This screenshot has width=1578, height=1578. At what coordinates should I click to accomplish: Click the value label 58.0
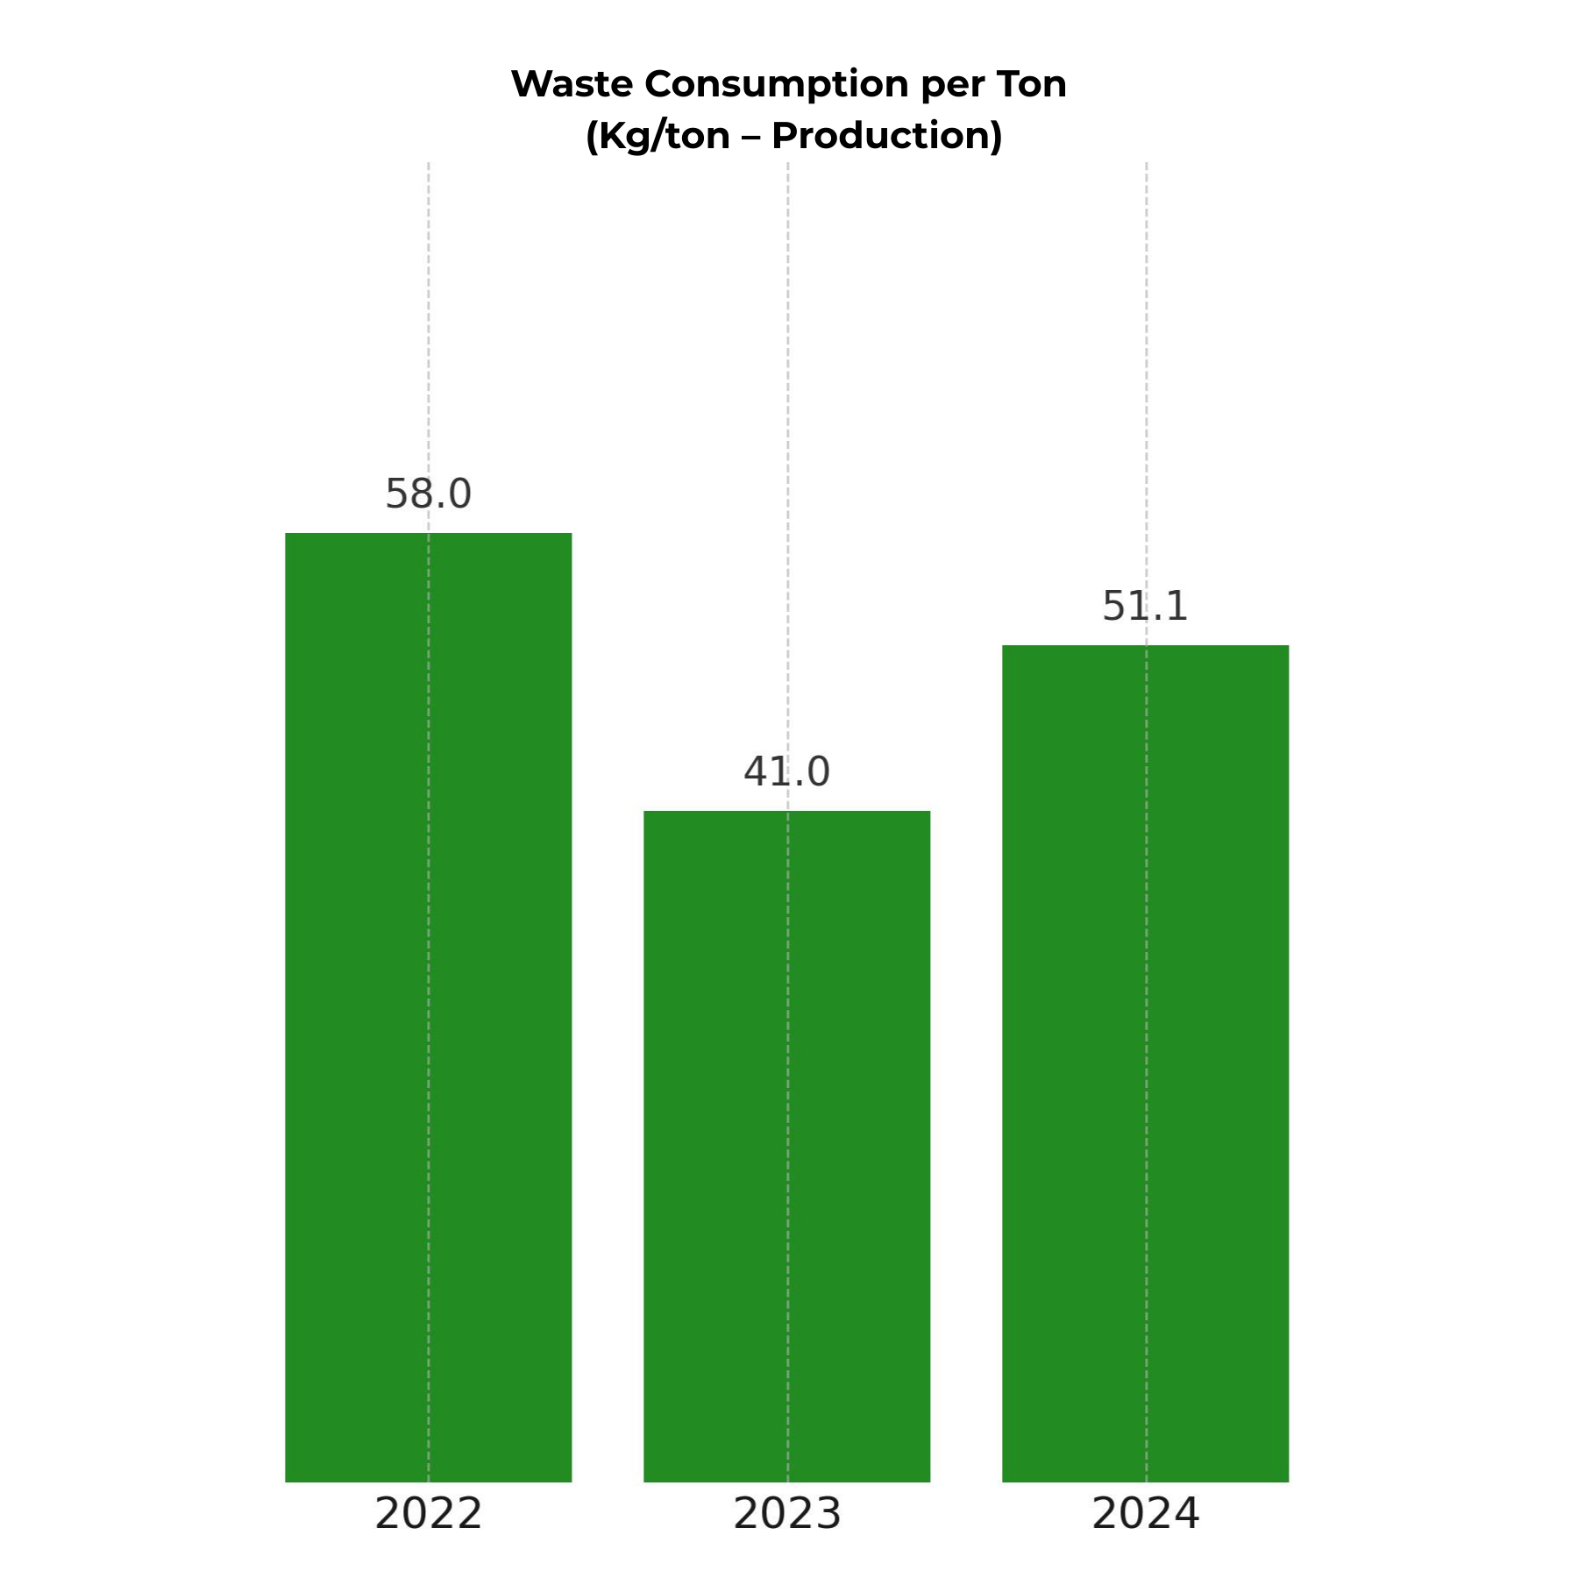(428, 494)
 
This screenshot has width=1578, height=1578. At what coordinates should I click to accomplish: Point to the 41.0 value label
(786, 772)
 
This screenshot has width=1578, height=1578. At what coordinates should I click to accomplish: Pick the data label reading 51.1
(1145, 607)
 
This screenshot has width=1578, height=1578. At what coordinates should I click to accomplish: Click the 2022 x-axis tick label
(428, 1514)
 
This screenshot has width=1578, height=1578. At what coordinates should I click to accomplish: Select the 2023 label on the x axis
(786, 1514)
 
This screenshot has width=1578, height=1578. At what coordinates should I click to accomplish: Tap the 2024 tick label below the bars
(1145, 1514)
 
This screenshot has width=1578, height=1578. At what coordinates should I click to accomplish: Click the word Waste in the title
(571, 84)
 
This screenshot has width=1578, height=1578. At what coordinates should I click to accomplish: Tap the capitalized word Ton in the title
(1031, 84)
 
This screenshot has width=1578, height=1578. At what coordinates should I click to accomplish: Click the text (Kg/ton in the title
(657, 136)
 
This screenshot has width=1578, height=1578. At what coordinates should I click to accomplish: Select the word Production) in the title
(886, 136)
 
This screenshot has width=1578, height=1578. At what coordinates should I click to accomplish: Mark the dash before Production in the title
(750, 136)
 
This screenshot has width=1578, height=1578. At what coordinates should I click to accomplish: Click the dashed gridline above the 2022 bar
(429, 333)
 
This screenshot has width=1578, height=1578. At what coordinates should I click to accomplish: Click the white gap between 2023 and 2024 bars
(966, 1140)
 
